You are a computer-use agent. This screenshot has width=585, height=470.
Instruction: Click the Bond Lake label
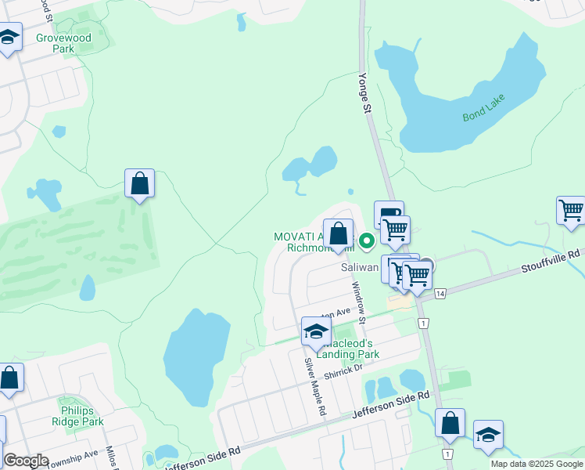(484, 108)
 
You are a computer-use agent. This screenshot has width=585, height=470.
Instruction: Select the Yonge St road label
(364, 94)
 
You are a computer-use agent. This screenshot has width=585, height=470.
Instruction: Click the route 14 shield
(441, 293)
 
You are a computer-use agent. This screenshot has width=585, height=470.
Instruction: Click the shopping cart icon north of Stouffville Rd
(571, 210)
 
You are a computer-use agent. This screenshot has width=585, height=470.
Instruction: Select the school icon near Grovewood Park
(9, 38)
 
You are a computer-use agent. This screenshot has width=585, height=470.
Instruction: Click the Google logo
(26, 461)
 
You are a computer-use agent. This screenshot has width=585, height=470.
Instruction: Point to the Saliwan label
(360, 266)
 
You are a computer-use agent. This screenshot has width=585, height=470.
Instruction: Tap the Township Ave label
(74, 454)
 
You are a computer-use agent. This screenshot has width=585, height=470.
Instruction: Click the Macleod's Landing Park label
(350, 349)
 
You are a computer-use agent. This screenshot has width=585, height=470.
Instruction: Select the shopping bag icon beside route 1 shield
(450, 424)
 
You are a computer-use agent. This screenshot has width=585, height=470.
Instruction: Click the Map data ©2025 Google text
(536, 463)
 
